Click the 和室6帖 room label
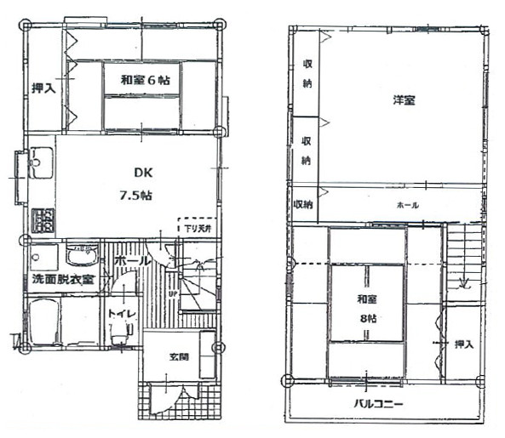pyautogui.click(x=144, y=80)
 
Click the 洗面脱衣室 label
pyautogui.click(x=64, y=279)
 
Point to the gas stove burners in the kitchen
pyautogui.click(x=43, y=221)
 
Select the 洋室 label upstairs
pyautogui.click(x=404, y=100)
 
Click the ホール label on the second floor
pyautogui.click(x=407, y=206)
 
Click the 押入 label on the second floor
pyautogui.click(x=463, y=344)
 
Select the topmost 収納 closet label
pyautogui.click(x=306, y=73)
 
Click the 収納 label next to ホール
pyautogui.click(x=304, y=205)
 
